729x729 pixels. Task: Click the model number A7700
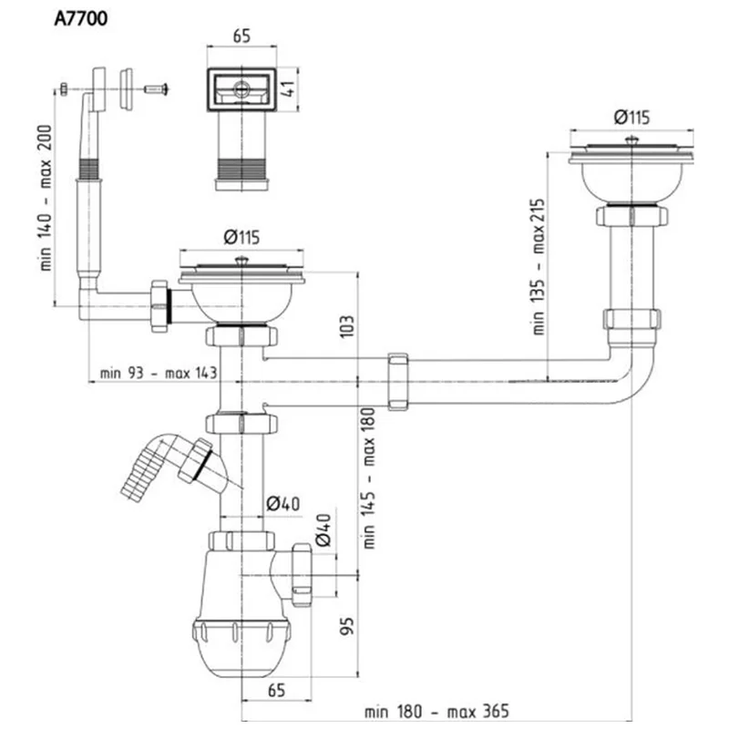(x=81, y=18)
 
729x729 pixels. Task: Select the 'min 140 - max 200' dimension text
(x=46, y=198)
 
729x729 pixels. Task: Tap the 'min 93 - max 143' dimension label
(x=159, y=373)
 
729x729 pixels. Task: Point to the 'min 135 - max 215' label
(x=539, y=266)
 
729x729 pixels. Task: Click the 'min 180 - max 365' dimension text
(x=436, y=712)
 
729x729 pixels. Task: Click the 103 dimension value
(x=347, y=326)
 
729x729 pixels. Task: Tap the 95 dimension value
(x=347, y=626)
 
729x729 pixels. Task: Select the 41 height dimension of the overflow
(x=288, y=88)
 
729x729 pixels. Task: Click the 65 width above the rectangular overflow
(x=241, y=36)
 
